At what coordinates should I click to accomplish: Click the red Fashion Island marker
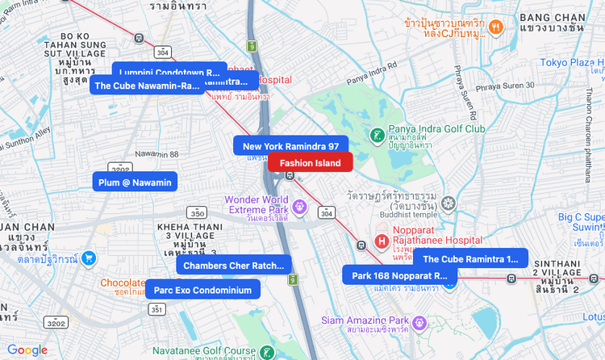pos(311,162)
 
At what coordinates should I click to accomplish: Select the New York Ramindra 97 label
pos(290,146)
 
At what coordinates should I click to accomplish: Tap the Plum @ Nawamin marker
pos(135,182)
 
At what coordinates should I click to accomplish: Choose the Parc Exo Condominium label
pos(202,290)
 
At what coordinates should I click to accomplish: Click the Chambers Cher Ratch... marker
pos(234,265)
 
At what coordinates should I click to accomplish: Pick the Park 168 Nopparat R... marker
pos(399,275)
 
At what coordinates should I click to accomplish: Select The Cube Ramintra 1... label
pos(470,259)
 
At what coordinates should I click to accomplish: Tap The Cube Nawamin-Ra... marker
pos(146,86)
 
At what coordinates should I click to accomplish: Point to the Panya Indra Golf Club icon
pos(377,134)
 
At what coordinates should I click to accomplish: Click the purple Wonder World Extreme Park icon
pos(300,206)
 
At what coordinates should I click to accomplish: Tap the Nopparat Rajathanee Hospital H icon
pos(383,241)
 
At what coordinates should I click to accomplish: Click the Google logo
pos(27,350)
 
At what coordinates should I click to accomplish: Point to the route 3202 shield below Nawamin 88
pos(119,169)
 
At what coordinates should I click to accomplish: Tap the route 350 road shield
pos(197,212)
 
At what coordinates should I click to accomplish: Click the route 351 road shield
pos(156,308)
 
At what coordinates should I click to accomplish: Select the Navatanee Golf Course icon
pos(267,352)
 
